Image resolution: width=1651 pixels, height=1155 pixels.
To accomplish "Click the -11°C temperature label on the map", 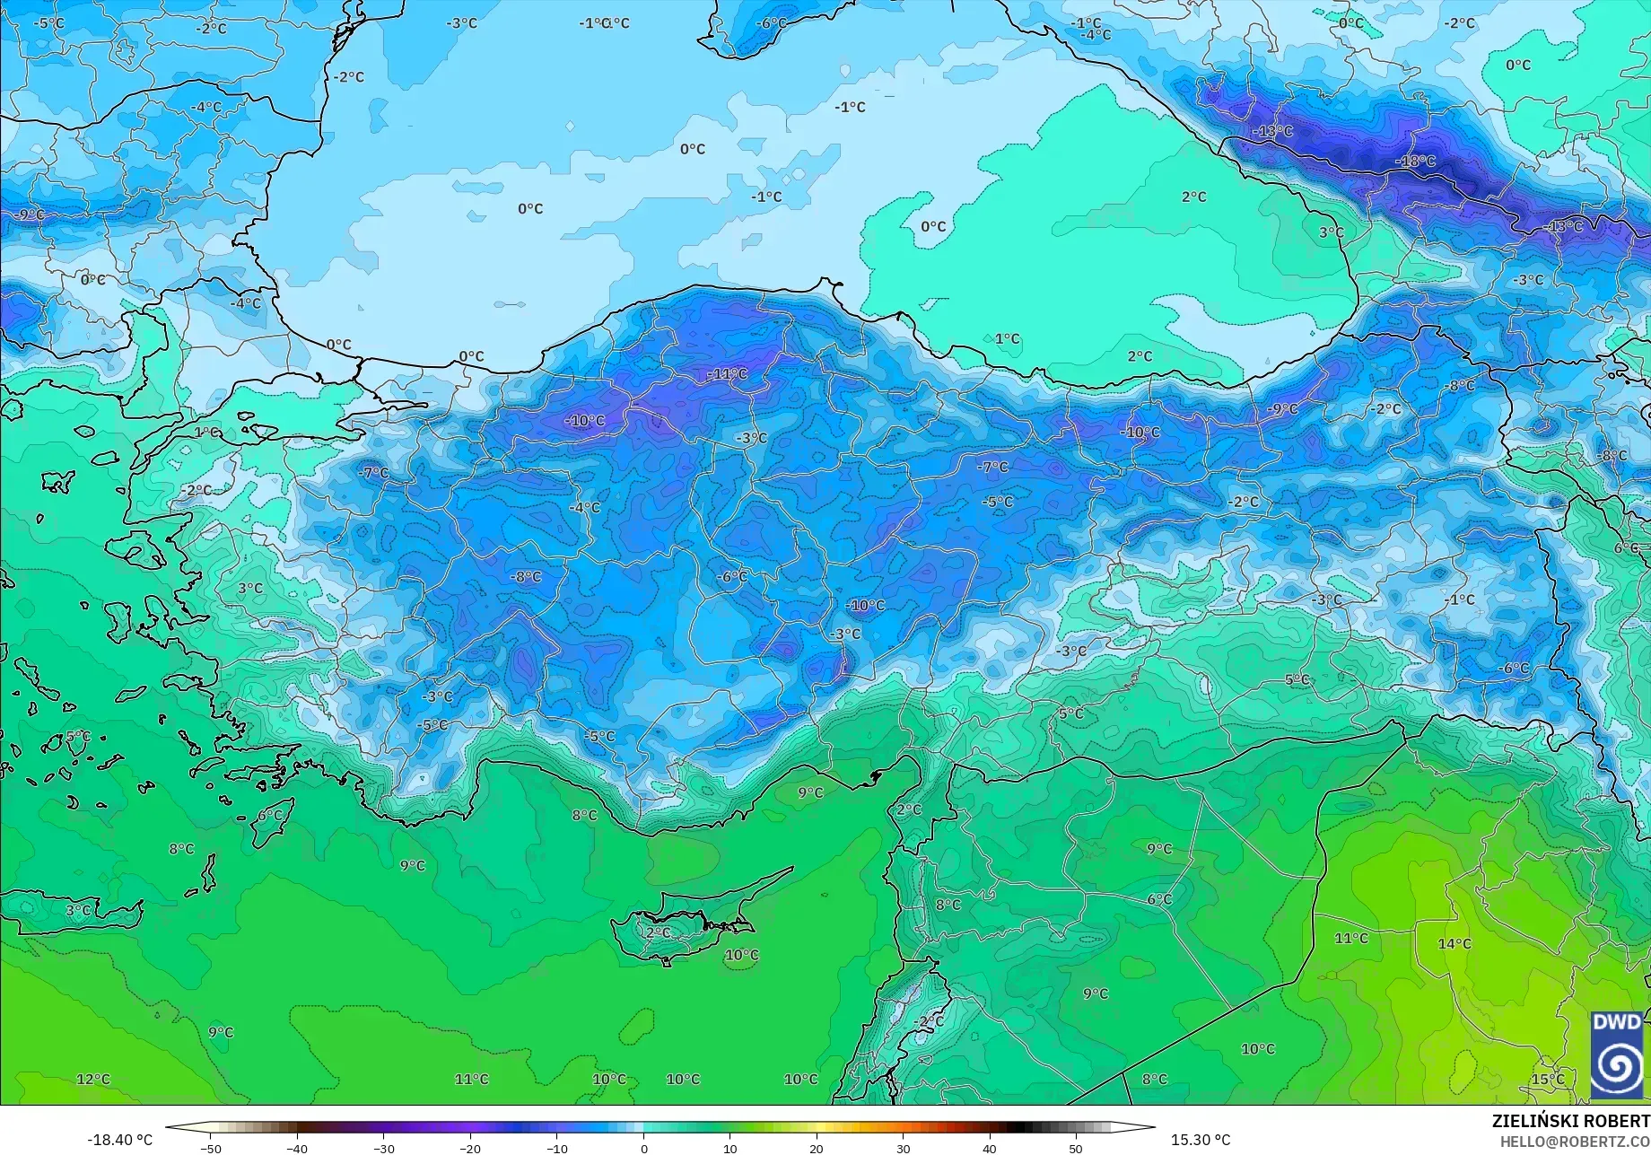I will click(x=727, y=373).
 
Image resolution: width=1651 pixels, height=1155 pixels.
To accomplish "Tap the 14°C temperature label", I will click(x=1454, y=943).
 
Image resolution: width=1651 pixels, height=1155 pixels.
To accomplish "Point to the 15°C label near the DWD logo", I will click(x=1548, y=1079).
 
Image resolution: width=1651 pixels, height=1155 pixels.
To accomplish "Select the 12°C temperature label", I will click(x=93, y=1079).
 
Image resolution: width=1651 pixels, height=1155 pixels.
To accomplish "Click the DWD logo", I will click(x=1617, y=1055).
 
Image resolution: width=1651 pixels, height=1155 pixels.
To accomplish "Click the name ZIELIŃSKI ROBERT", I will click(x=1570, y=1121).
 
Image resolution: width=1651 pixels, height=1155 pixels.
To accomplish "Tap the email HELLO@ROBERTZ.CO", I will click(x=1575, y=1142).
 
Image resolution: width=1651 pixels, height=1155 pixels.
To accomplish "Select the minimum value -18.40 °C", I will click(x=120, y=1140).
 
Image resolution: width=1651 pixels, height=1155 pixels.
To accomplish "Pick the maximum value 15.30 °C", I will click(x=1201, y=1140).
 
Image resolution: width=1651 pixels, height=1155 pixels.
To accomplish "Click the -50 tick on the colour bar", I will click(x=211, y=1148).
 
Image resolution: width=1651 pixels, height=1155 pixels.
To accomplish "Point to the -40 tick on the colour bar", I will click(x=297, y=1148).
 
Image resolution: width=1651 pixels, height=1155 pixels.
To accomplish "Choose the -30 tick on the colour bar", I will click(x=384, y=1148).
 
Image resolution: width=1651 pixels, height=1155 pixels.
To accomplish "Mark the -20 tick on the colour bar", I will click(x=470, y=1148).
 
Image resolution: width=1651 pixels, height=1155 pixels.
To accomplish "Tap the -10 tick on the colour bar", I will click(x=557, y=1148).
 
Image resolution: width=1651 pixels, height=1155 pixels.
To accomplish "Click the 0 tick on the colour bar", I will click(x=643, y=1148).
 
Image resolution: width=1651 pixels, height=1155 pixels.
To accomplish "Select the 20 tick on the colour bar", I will click(x=817, y=1148).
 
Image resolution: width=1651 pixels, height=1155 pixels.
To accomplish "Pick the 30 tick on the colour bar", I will click(x=903, y=1148).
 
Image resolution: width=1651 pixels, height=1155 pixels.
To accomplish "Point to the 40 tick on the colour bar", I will click(x=990, y=1148).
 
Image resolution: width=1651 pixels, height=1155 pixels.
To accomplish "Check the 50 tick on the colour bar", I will click(x=1076, y=1148).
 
